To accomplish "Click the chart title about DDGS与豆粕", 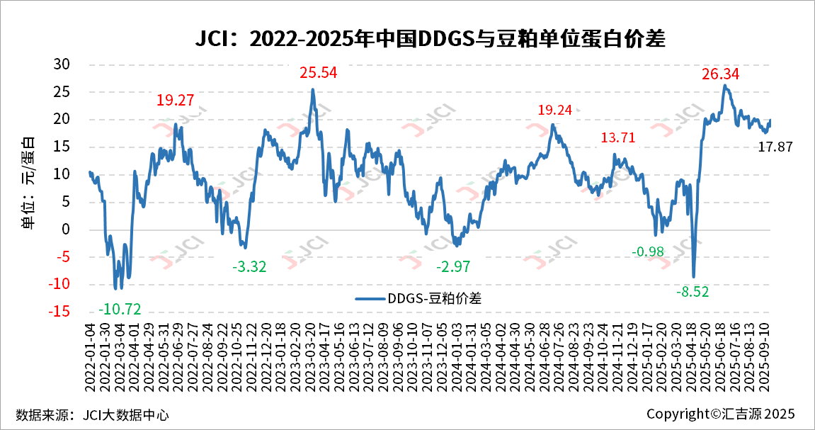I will pyautogui.click(x=430, y=38).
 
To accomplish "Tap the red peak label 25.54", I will pyautogui.click(x=318, y=72).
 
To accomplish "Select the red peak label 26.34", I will pyautogui.click(x=721, y=74).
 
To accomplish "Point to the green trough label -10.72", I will pyautogui.click(x=120, y=309).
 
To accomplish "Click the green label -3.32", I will pyautogui.click(x=249, y=267).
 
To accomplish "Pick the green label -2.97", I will pyautogui.click(x=453, y=267).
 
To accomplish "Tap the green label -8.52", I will pyautogui.click(x=692, y=291).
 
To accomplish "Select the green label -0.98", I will pyautogui.click(x=647, y=252).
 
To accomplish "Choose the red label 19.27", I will pyautogui.click(x=175, y=101).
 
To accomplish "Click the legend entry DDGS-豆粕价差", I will pyautogui.click(x=418, y=298).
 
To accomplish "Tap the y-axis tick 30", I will pyautogui.click(x=63, y=64).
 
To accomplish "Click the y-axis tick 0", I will pyautogui.click(x=67, y=229).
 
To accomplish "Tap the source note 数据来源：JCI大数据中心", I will pyautogui.click(x=92, y=414).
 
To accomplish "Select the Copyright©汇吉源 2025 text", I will pyautogui.click(x=720, y=414).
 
